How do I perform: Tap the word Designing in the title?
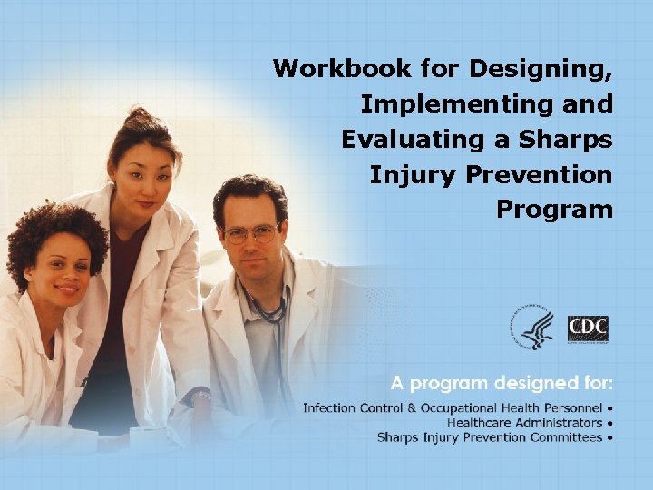pyautogui.click(x=541, y=69)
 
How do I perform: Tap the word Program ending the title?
pyautogui.click(x=554, y=209)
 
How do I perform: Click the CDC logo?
pyautogui.click(x=588, y=329)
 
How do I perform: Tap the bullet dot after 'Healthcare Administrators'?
pyautogui.click(x=610, y=423)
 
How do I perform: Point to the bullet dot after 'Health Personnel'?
pyautogui.click(x=610, y=407)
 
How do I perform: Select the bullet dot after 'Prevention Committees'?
pyautogui.click(x=610, y=437)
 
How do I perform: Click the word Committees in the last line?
pyautogui.click(x=565, y=437)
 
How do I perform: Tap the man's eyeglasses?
pyautogui.click(x=250, y=233)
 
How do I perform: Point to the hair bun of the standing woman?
pyautogui.click(x=138, y=119)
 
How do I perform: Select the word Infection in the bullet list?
pyautogui.click(x=329, y=407)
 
